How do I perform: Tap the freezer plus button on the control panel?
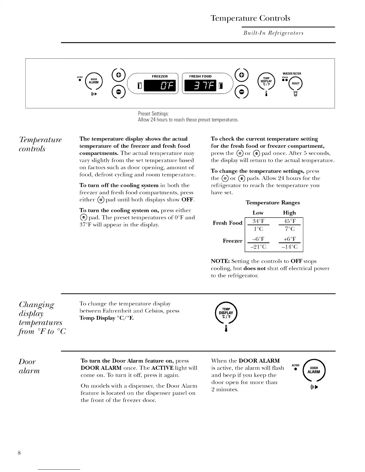click(118, 74)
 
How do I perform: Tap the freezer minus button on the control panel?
click(118, 91)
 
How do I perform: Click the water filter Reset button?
click(295, 83)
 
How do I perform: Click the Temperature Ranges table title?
click(273, 203)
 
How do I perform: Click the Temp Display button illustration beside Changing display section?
click(226, 313)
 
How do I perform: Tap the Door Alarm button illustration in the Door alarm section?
click(313, 370)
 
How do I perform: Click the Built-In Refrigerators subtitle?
click(273, 33)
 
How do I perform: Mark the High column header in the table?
click(289, 213)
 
